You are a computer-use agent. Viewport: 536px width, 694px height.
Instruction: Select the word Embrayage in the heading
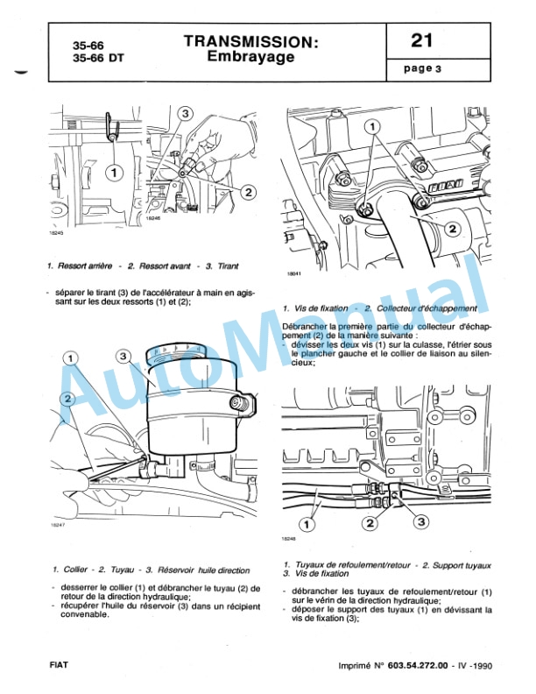(x=250, y=57)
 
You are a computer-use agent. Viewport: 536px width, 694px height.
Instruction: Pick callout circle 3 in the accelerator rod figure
(x=186, y=114)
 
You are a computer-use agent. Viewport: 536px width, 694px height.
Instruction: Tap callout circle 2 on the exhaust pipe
(x=453, y=230)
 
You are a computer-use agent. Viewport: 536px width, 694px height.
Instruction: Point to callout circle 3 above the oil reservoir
(x=123, y=356)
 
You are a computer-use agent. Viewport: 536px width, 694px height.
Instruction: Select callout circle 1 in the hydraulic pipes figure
(x=307, y=524)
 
